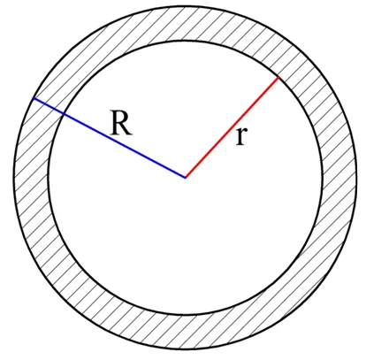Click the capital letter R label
pos(121,123)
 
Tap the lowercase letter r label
pos(241,135)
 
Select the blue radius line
pos(110,138)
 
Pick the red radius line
pos(232,127)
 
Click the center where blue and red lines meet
pos(186,178)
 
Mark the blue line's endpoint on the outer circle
pos(34,98)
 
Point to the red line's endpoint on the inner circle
pos(278,77)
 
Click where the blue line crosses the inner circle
pos(64,113)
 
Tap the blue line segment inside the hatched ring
pos(49,106)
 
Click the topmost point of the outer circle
pos(186,6)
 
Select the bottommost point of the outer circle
pos(186,349)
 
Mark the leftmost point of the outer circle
pos(14,178)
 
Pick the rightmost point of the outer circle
pos(357,178)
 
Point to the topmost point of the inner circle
pos(186,41)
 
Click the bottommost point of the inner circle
pos(186,315)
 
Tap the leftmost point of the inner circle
pos(49,178)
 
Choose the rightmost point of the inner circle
pos(323,178)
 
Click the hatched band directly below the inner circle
pos(186,333)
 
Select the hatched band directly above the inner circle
pos(186,24)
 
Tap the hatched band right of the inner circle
pos(339,178)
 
